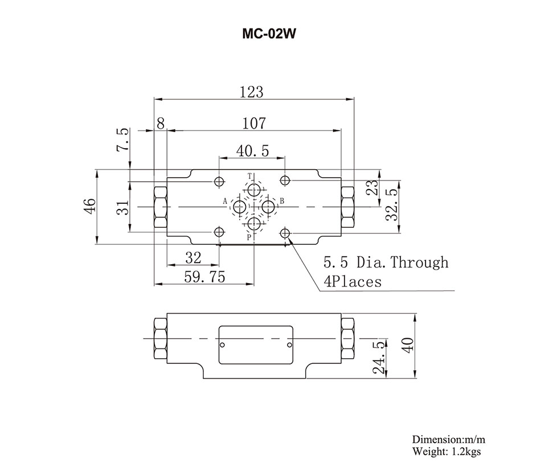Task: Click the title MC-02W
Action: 270,33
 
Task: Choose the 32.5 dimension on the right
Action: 392,204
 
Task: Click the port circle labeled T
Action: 253,189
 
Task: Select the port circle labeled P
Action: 253,223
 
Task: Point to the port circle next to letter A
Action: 240,206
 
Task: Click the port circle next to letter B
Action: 268,206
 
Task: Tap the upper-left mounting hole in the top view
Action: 219,182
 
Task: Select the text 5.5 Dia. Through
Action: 386,263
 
